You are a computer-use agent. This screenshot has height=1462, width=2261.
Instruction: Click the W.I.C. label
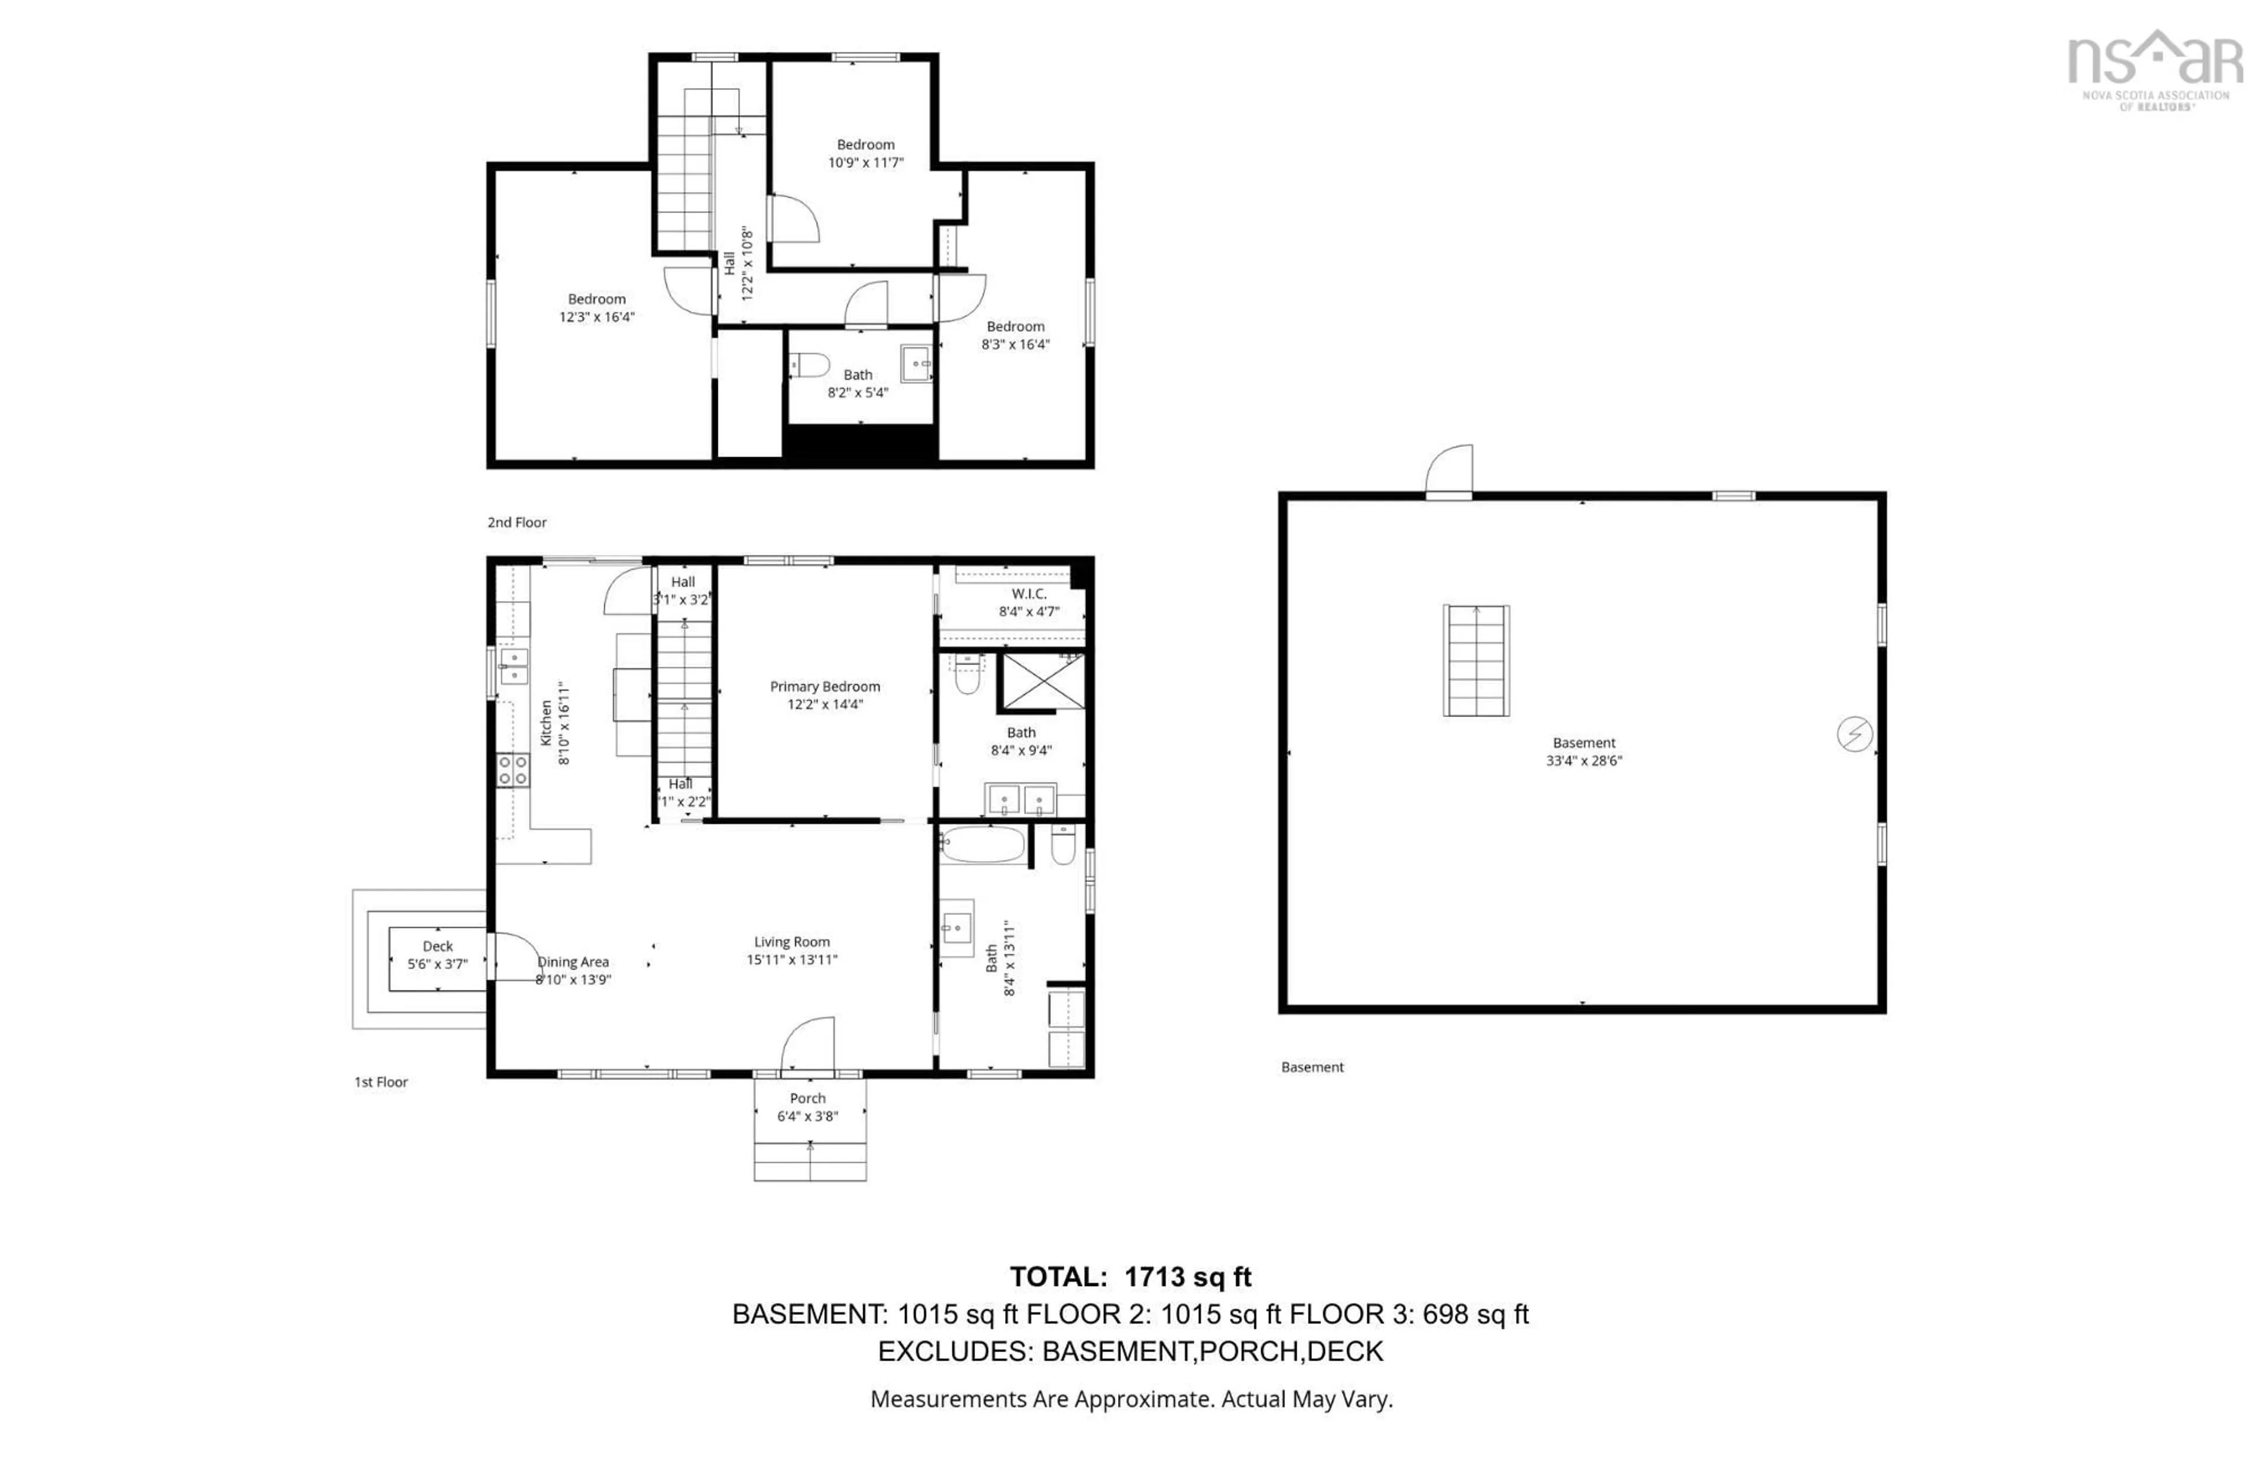1029,593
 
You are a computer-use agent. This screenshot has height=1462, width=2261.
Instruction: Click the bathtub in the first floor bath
983,844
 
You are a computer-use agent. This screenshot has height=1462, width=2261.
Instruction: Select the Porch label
807,1098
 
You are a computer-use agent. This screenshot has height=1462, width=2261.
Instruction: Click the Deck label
437,946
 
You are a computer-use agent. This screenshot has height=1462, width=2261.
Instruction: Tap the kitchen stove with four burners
513,770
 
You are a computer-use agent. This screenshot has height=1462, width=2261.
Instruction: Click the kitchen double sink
514,666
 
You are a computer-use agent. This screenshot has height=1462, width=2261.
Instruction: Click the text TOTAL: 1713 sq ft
1130,1277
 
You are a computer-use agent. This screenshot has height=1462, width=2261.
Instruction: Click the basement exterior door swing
1450,470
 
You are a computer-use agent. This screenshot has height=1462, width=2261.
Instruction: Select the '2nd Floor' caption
516,522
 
